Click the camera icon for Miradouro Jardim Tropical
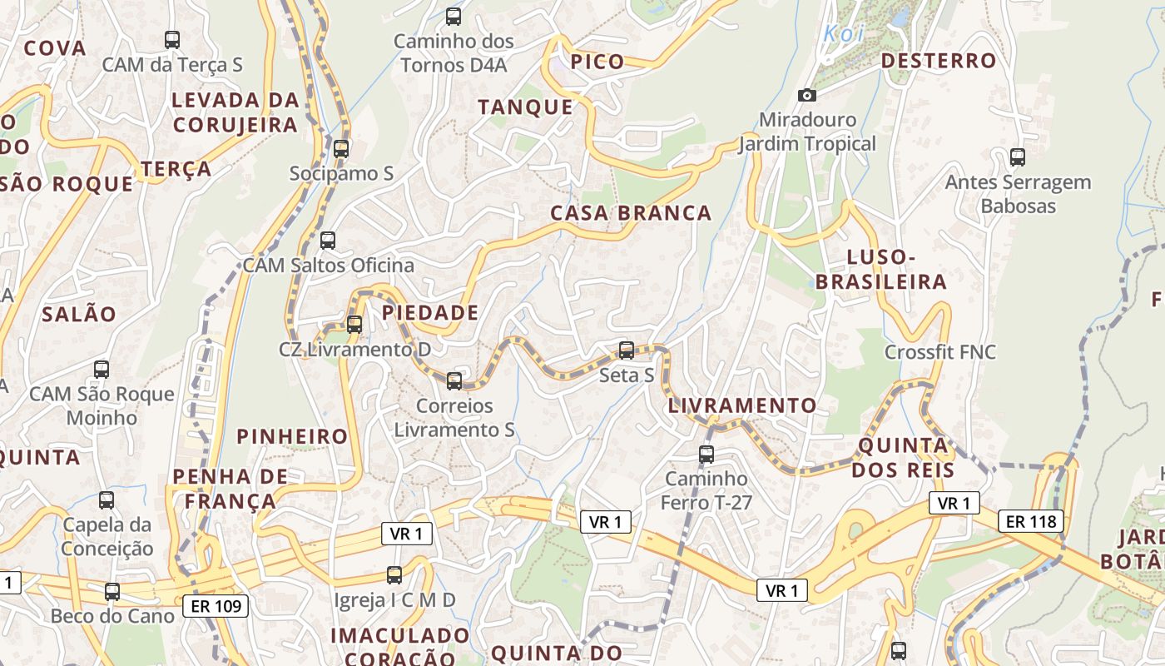[x=806, y=95]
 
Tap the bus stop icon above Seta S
[x=627, y=350]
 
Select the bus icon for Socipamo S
[x=340, y=149]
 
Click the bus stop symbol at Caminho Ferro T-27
[x=706, y=455]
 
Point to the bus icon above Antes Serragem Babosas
[x=1017, y=157]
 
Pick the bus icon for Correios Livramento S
[x=454, y=381]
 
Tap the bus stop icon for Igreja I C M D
[x=394, y=575]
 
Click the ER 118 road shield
[x=1031, y=522]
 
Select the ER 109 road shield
[x=216, y=605]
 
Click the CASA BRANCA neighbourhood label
[x=631, y=213]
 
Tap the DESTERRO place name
[x=938, y=61]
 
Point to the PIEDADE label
[x=430, y=313]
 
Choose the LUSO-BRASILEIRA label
[x=881, y=269]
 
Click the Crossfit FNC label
[x=939, y=352]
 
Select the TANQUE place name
[x=525, y=107]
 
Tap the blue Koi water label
[x=844, y=34]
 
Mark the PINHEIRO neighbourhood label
[x=292, y=436]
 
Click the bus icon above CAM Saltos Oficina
[x=328, y=241]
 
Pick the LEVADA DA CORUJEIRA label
[x=235, y=112]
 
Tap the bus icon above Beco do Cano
[x=112, y=592]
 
